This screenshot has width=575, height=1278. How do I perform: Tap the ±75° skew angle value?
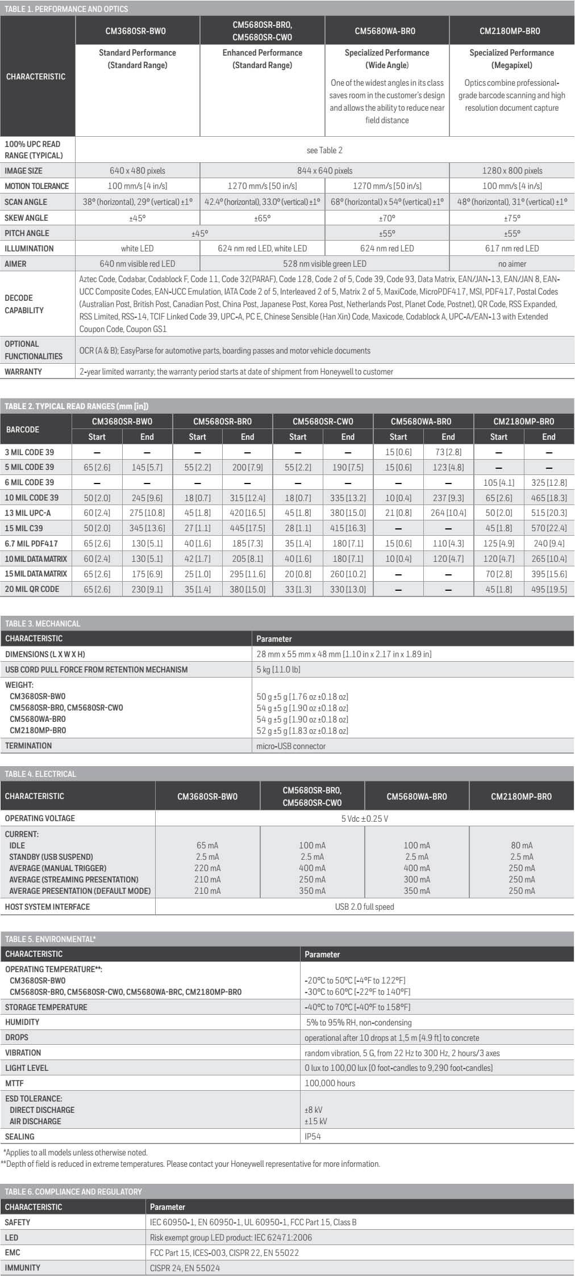coord(512,218)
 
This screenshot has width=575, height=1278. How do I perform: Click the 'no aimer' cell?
coord(512,264)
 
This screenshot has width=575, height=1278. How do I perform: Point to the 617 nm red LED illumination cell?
coord(512,249)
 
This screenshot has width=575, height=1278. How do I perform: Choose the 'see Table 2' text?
coord(324,150)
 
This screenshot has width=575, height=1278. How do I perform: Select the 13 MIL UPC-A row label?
coord(28,513)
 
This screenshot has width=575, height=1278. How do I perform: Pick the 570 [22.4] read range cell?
coord(548,528)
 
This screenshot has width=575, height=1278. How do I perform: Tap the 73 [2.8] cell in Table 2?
coord(448,452)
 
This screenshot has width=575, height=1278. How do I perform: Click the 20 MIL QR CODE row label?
coord(32,589)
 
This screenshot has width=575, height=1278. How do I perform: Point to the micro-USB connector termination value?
coord(291,746)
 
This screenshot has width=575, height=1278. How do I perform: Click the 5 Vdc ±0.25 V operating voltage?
coord(364,819)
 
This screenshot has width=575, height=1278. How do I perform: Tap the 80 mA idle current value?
coord(522,846)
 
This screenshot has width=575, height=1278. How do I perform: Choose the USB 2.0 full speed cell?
coord(364,907)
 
